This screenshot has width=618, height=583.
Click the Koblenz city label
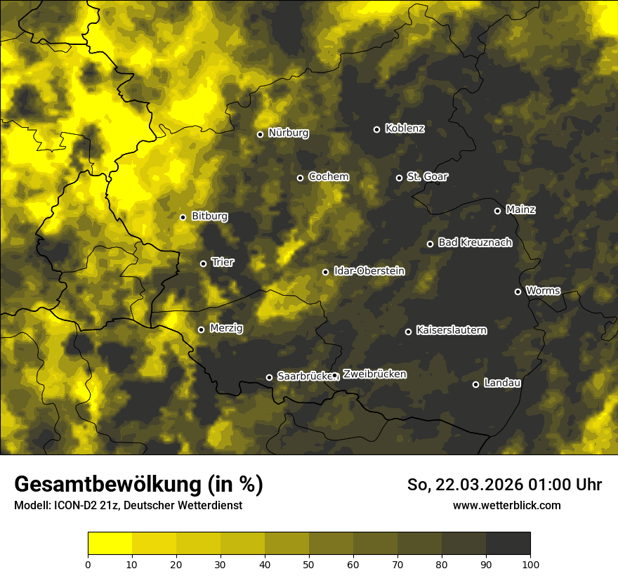405,129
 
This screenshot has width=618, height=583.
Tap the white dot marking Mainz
497,211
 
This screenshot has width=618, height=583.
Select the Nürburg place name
288,133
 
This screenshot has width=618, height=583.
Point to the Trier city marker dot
204,263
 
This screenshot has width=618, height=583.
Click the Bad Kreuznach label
475,243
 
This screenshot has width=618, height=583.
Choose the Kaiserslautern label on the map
451,330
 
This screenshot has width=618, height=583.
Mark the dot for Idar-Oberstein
325,272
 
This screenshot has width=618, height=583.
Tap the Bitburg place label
209,216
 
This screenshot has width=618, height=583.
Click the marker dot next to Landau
475,384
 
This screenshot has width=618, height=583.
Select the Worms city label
543,291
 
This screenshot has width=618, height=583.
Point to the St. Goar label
427,177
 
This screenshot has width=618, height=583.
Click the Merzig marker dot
201,329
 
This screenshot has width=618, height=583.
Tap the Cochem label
328,177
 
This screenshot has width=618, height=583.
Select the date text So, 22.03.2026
464,485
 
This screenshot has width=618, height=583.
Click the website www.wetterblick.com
506,505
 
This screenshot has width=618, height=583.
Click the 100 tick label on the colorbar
530,563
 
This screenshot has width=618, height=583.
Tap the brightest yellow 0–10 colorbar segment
110,543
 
